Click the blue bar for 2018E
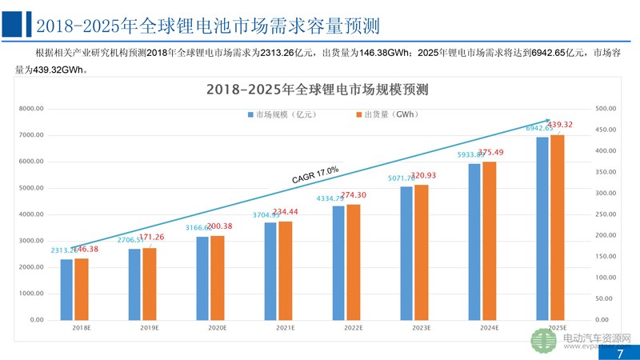pyautogui.click(x=66, y=289)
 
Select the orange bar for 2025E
pyautogui.click(x=557, y=227)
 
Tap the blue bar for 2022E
pyautogui.click(x=338, y=262)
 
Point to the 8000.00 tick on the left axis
pyautogui.click(x=30, y=109)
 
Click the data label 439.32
pyautogui.click(x=558, y=125)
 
